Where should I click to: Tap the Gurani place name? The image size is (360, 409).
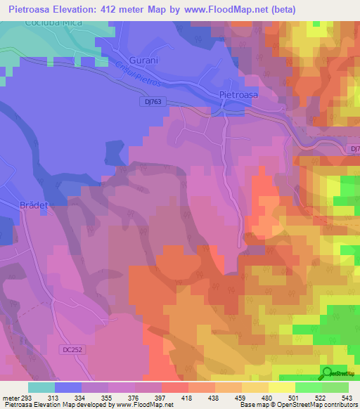pyautogui.click(x=143, y=60)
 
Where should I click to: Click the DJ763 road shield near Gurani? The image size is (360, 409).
pyautogui.click(x=148, y=102)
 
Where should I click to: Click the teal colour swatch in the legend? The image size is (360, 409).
pyautogui.click(x=41, y=387)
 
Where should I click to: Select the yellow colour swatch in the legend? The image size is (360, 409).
pyautogui.click(x=281, y=387)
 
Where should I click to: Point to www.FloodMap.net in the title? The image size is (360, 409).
pyautogui.click(x=233, y=9)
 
